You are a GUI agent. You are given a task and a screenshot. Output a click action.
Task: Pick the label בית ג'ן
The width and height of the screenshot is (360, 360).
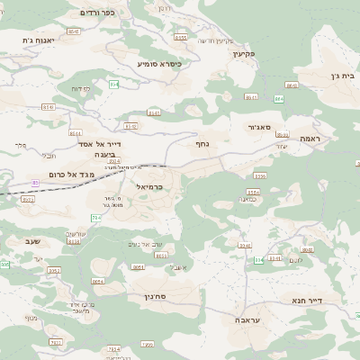(344, 77)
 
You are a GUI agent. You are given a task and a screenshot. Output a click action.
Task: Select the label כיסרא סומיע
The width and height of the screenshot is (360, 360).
(159, 64)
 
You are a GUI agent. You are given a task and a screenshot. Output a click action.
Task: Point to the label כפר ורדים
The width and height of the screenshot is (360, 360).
(97, 13)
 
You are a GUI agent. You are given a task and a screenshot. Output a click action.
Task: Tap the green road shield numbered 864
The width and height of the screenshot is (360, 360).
(278, 99)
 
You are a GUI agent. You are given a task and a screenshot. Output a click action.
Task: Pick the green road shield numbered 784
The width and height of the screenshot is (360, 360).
(96, 218)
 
